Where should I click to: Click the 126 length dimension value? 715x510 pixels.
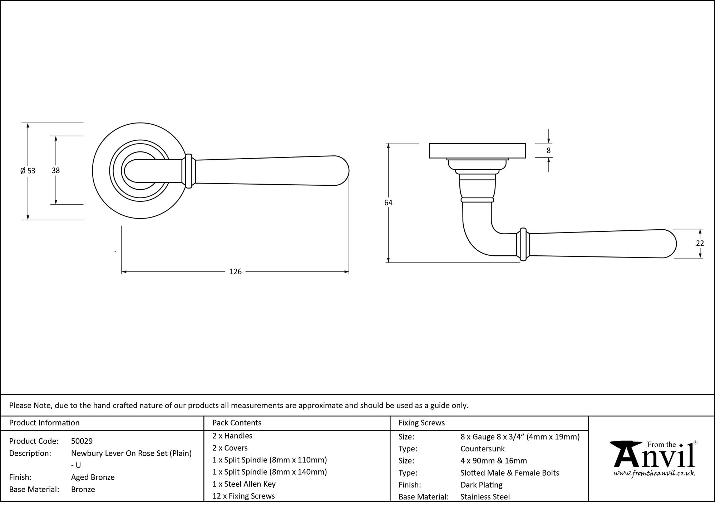(x=235, y=272)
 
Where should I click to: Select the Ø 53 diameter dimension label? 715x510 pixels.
(x=28, y=171)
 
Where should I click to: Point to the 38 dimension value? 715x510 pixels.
(x=56, y=171)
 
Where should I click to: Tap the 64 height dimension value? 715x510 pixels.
(x=388, y=203)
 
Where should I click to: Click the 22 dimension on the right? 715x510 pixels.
(x=700, y=243)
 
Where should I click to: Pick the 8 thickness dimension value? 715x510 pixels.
(x=548, y=151)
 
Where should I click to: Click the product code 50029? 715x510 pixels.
(x=82, y=441)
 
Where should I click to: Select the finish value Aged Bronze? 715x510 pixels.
(x=93, y=477)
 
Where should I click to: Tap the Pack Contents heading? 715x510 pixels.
(x=237, y=423)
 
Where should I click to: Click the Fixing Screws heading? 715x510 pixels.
(x=421, y=423)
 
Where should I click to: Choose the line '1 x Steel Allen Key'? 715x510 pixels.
(x=244, y=484)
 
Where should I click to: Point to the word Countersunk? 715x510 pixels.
(x=482, y=449)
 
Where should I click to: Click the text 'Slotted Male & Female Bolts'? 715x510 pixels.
(x=509, y=473)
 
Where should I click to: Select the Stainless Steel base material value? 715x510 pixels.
(x=485, y=496)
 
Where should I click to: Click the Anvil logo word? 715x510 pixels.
(x=654, y=457)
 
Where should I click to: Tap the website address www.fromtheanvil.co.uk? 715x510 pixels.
(x=654, y=474)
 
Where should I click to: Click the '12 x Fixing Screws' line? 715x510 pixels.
(x=243, y=496)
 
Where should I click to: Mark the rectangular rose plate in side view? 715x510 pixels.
(x=477, y=150)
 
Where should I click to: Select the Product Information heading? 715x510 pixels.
(x=44, y=423)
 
